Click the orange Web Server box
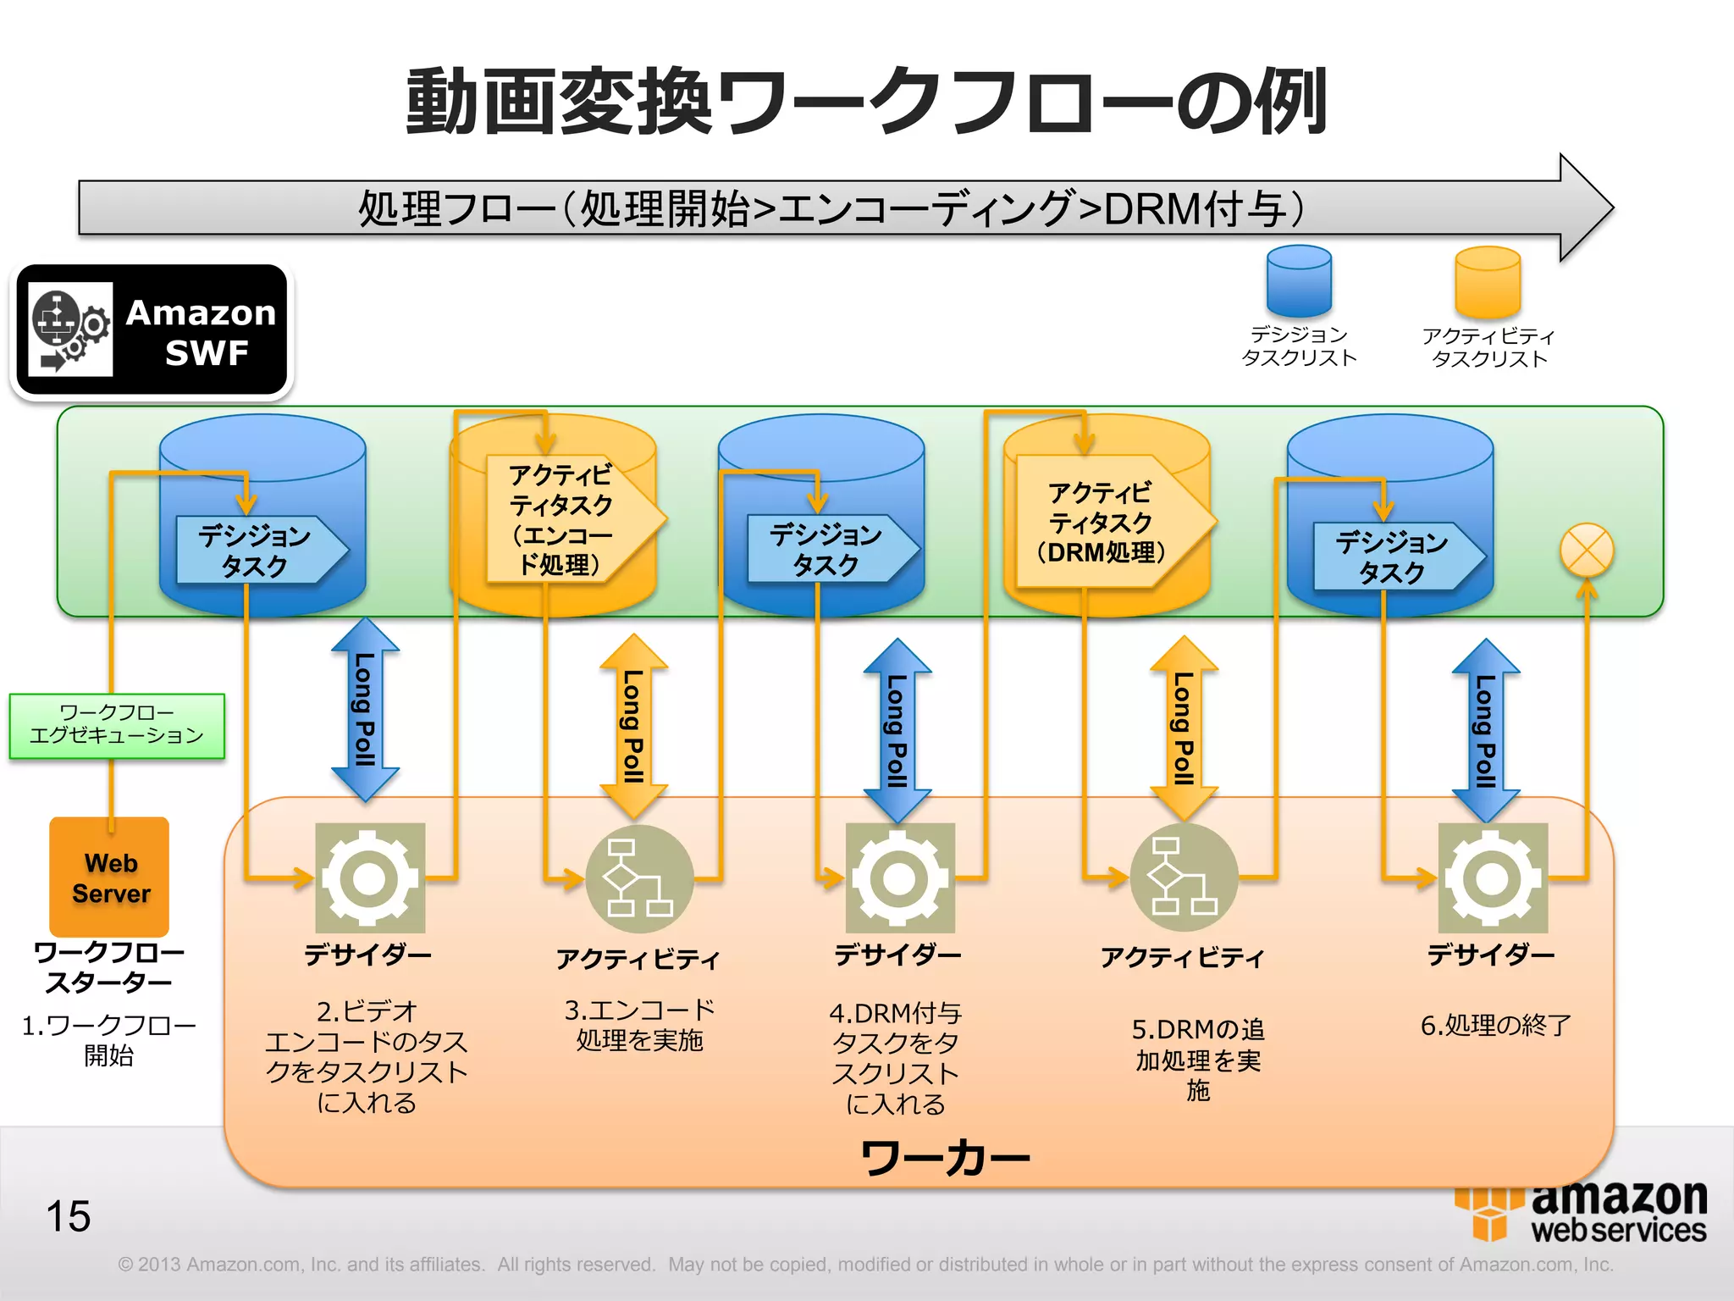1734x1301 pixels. pos(109,877)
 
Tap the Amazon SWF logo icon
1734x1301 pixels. pos(70,329)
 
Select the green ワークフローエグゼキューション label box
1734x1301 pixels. pos(117,725)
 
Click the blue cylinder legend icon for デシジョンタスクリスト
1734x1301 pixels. pos(1299,280)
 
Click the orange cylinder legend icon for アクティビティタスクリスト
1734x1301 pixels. pos(1488,282)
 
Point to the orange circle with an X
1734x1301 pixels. pos(1586,551)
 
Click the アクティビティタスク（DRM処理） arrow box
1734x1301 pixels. pos(1105,522)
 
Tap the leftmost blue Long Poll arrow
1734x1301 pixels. pos(365,709)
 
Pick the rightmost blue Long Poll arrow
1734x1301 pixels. pos(1485,730)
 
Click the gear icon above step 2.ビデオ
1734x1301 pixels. pos(370,877)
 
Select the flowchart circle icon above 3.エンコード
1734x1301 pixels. pos(639,878)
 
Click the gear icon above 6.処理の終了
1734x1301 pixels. pos(1493,877)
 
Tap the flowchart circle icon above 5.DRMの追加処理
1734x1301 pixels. pos(1184,877)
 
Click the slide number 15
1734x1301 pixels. pos(69,1216)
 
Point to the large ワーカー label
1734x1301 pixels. pos(944,1158)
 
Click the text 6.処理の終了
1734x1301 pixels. pos(1495,1025)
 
